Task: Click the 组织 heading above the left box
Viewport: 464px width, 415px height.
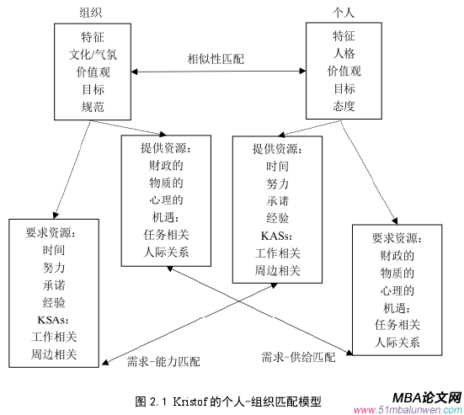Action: tap(93, 13)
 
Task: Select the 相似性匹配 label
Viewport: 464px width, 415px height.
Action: tap(216, 60)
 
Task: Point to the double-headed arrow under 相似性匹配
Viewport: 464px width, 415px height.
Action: tap(216, 72)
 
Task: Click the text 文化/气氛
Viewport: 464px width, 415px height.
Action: tap(93, 55)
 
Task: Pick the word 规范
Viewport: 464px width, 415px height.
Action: tap(93, 107)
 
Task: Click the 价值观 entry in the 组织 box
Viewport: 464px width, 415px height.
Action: tap(93, 72)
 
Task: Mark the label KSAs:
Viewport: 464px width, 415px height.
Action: tap(53, 320)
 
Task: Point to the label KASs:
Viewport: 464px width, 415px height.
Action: tap(277, 235)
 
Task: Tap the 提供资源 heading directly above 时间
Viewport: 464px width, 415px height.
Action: tap(277, 149)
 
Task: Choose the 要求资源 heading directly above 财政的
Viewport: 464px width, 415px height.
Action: tap(400, 237)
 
